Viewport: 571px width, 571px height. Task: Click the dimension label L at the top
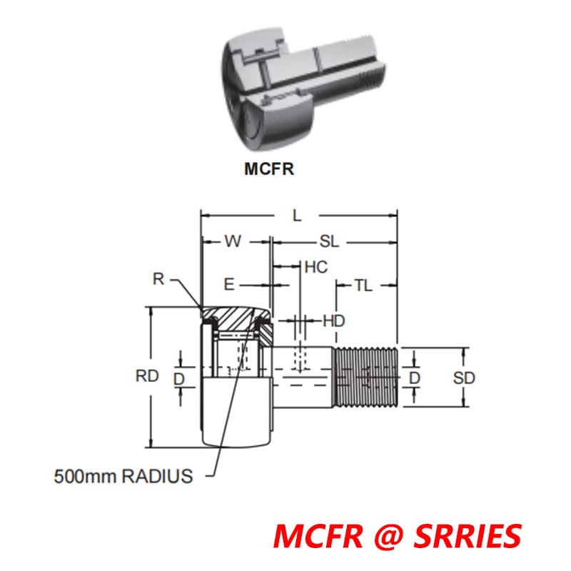(x=298, y=213)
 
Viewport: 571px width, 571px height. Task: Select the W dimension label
(x=233, y=241)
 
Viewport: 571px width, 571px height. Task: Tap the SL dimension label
(x=328, y=241)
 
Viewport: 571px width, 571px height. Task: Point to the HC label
(x=315, y=267)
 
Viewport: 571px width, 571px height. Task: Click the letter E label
(x=228, y=285)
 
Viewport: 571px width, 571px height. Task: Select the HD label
(x=333, y=321)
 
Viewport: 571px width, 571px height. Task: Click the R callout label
(x=158, y=280)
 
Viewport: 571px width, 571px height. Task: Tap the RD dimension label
(x=147, y=377)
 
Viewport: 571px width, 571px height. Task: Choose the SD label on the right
(x=464, y=378)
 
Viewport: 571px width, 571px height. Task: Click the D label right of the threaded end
(x=415, y=377)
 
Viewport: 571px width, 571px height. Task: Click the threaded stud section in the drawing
(x=365, y=377)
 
